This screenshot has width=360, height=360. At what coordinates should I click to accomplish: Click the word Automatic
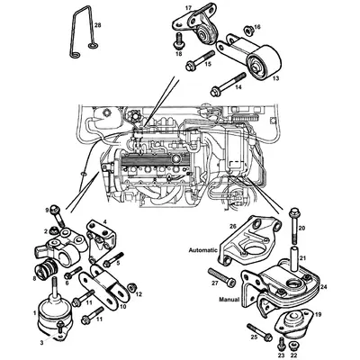206,247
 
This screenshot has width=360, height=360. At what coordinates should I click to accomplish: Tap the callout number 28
98,26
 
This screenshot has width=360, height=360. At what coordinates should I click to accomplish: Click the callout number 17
188,8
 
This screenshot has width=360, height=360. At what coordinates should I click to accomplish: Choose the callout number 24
323,287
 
